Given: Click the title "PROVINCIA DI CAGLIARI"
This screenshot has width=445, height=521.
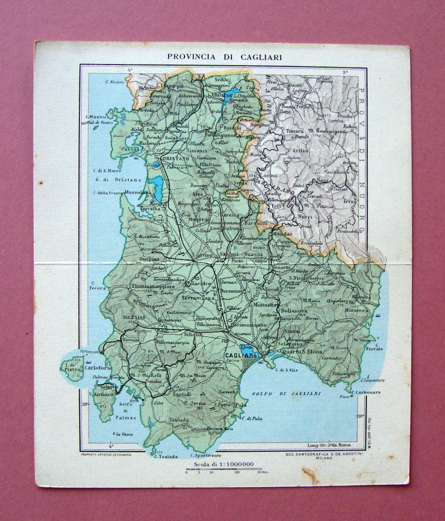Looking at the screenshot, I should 224,57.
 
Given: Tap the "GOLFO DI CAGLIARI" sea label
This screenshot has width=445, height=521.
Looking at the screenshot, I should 286,393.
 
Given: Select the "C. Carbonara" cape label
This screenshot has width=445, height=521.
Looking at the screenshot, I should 366,392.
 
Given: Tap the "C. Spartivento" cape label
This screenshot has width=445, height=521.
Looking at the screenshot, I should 205,455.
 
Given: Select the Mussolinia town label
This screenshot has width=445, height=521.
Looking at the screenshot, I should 137,192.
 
